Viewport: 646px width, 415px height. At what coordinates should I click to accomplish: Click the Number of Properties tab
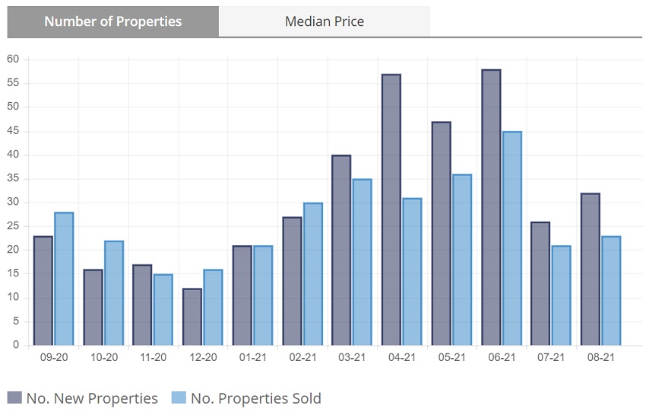(x=113, y=21)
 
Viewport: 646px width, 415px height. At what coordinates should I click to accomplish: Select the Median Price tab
(x=325, y=21)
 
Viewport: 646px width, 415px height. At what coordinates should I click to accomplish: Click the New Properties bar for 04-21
(x=391, y=210)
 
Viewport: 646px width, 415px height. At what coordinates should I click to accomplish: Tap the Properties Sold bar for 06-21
(x=511, y=238)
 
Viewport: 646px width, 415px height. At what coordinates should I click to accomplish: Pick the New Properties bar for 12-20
(x=192, y=317)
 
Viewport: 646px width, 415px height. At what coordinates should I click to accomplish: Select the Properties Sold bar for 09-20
(x=64, y=279)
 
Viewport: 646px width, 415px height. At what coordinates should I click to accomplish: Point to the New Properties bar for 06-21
(x=491, y=208)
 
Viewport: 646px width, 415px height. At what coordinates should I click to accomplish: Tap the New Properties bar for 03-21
(x=341, y=251)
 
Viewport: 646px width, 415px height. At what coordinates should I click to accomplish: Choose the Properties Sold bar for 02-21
(x=312, y=274)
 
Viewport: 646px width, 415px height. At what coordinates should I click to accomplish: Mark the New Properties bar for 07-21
(x=540, y=283)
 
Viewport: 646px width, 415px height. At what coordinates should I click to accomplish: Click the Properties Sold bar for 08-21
(x=611, y=291)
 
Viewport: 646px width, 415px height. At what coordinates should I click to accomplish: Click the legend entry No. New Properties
(x=84, y=398)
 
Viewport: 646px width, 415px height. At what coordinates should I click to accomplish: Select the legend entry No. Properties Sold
(x=247, y=398)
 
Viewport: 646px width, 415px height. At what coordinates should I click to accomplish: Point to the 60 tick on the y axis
(x=13, y=59)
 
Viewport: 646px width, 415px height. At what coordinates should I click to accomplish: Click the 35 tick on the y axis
(x=13, y=179)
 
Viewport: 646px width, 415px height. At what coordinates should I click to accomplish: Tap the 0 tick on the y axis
(x=16, y=346)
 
